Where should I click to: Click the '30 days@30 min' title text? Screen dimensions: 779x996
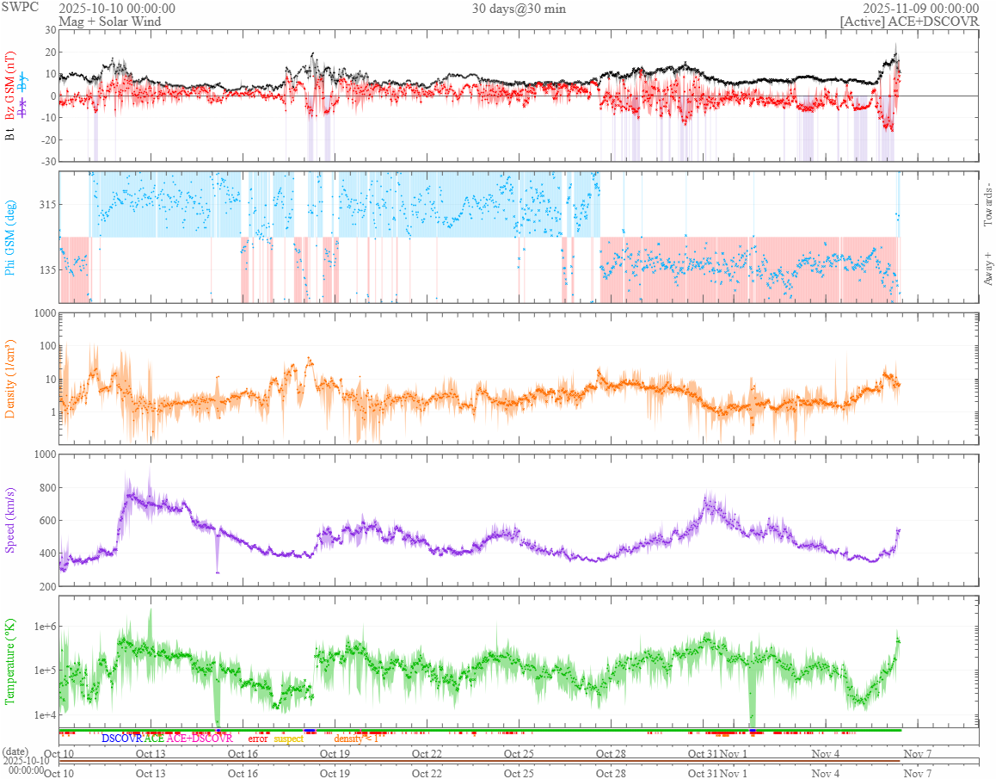click(x=519, y=9)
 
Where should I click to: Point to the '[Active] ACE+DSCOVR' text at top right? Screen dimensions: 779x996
click(x=910, y=21)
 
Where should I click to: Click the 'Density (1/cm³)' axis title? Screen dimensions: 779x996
click(x=11, y=379)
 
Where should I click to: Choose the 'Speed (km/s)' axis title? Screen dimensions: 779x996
click(x=11, y=521)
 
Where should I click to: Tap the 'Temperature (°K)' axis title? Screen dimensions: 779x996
click(x=11, y=661)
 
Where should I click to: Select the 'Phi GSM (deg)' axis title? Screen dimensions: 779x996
click(x=11, y=237)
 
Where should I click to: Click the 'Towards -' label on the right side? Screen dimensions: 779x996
click(x=988, y=206)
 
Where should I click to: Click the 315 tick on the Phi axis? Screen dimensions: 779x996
click(x=45, y=205)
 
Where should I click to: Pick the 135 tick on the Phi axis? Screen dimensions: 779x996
click(x=45, y=270)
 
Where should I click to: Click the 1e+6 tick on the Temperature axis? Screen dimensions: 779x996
click(x=40, y=626)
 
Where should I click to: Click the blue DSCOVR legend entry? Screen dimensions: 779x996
click(x=121, y=739)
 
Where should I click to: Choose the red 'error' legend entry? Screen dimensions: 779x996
click(x=258, y=739)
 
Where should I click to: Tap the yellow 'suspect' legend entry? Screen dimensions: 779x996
click(x=288, y=739)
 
